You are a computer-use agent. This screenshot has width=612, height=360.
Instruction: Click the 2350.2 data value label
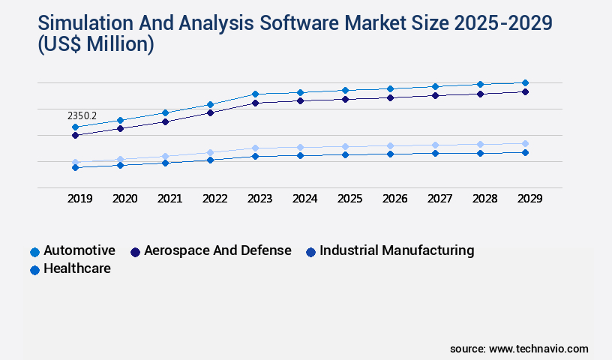click(x=82, y=116)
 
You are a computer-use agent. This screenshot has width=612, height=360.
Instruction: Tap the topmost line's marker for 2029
click(x=525, y=82)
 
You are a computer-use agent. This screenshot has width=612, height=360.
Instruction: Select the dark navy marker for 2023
click(x=255, y=103)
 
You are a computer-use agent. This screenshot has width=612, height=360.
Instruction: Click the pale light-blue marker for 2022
click(x=210, y=152)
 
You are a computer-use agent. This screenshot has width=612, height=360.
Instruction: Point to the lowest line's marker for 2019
click(x=75, y=167)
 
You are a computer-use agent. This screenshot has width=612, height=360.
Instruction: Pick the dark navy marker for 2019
click(x=75, y=136)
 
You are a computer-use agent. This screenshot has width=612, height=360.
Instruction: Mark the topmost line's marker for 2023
click(x=255, y=94)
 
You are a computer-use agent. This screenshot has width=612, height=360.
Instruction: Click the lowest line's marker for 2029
click(x=525, y=152)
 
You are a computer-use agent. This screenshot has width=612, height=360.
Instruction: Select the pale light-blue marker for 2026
click(x=390, y=145)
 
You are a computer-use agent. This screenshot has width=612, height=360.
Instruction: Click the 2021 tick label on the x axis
click(x=169, y=199)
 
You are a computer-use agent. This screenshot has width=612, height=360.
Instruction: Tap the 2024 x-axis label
click(x=304, y=199)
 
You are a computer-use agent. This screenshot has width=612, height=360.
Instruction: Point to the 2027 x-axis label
click(x=439, y=199)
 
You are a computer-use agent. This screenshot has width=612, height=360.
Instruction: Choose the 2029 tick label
click(x=529, y=199)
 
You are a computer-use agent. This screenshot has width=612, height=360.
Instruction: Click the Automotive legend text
click(x=79, y=250)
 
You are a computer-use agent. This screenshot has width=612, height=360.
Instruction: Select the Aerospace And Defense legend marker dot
click(x=136, y=252)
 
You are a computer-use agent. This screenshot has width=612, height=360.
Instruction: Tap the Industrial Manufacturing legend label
click(x=397, y=250)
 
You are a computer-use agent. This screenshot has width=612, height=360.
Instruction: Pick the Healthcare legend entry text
click(x=77, y=268)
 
